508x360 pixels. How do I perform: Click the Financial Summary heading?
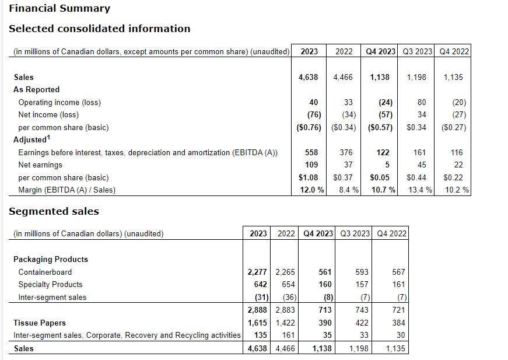point(59,8)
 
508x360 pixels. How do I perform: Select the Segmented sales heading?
point(54,211)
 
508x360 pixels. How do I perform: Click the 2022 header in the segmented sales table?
point(286,233)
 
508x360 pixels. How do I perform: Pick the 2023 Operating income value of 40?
point(314,102)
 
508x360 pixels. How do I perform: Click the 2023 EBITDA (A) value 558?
point(311,152)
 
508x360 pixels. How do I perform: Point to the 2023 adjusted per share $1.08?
point(309,177)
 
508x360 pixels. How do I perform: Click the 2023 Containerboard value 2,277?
point(258,272)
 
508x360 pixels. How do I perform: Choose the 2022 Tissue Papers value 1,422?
point(286,323)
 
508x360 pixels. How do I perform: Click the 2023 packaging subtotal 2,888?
point(258,310)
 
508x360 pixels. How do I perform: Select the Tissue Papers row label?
point(40,323)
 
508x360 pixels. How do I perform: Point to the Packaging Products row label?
point(51,259)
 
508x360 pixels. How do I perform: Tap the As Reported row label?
point(36,89)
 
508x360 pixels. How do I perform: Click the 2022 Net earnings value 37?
point(348,165)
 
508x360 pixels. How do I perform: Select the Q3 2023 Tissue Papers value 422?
point(362,323)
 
